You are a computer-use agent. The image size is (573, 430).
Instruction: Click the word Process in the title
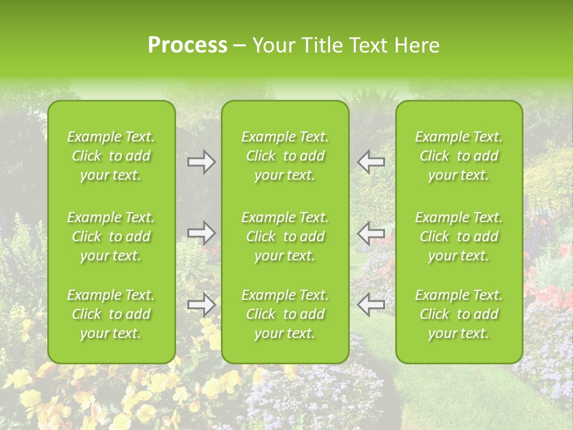tap(187, 45)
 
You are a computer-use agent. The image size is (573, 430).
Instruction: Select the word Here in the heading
tap(416, 45)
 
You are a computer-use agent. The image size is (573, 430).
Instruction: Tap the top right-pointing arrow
tap(202, 162)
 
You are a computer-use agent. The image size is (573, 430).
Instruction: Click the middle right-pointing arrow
tap(202, 233)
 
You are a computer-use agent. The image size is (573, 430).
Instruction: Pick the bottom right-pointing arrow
tap(202, 305)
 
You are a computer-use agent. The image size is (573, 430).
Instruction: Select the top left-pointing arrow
tap(371, 162)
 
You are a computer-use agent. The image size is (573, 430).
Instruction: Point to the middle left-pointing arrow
tap(371, 233)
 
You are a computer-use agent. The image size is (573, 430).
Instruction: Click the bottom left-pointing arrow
tap(371, 305)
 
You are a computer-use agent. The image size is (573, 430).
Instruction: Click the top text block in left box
tap(111, 156)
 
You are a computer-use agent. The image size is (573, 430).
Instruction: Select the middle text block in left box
tap(111, 236)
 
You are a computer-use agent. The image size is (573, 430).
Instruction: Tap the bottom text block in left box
tap(111, 314)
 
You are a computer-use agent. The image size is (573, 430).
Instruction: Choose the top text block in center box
tap(285, 156)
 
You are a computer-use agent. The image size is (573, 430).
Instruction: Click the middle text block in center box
tap(285, 236)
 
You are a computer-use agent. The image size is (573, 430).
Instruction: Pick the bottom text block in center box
tap(285, 314)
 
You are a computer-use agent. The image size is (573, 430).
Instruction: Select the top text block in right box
tap(459, 156)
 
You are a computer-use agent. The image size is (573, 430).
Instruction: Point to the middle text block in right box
tap(459, 236)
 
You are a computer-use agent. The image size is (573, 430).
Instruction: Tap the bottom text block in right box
tap(459, 314)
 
